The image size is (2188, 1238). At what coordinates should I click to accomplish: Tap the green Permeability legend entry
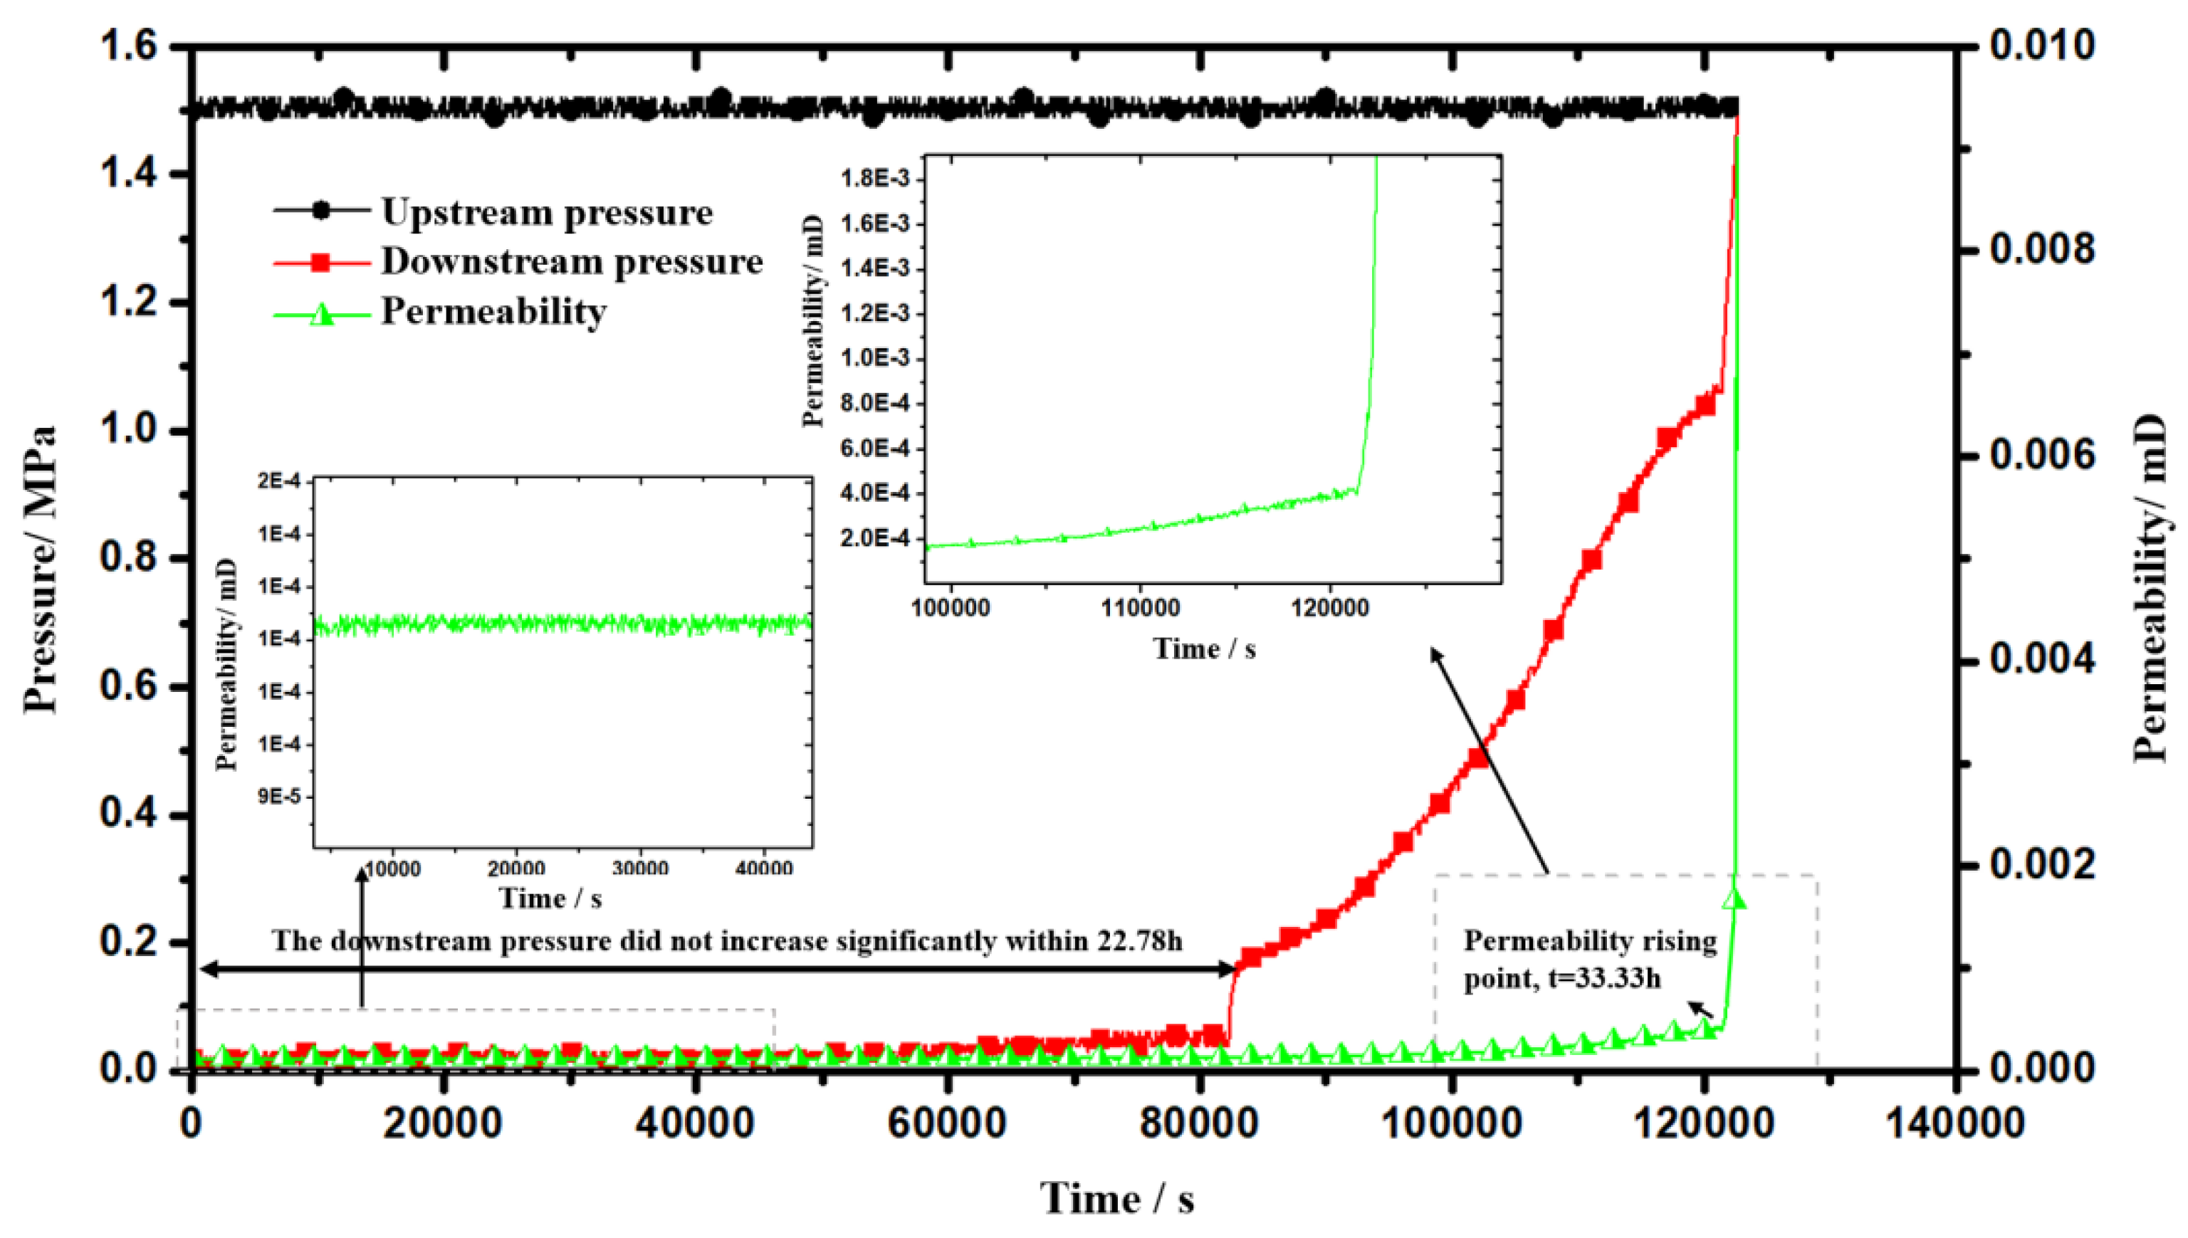point(493,311)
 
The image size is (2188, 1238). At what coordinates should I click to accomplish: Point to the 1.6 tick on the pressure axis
point(130,45)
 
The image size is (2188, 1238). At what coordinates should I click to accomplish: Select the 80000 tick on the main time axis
point(1199,1124)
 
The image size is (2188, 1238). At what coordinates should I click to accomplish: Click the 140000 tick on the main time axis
point(1955,1124)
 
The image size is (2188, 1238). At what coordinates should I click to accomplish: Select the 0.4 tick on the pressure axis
point(130,814)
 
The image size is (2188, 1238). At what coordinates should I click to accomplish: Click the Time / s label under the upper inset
point(1203,649)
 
